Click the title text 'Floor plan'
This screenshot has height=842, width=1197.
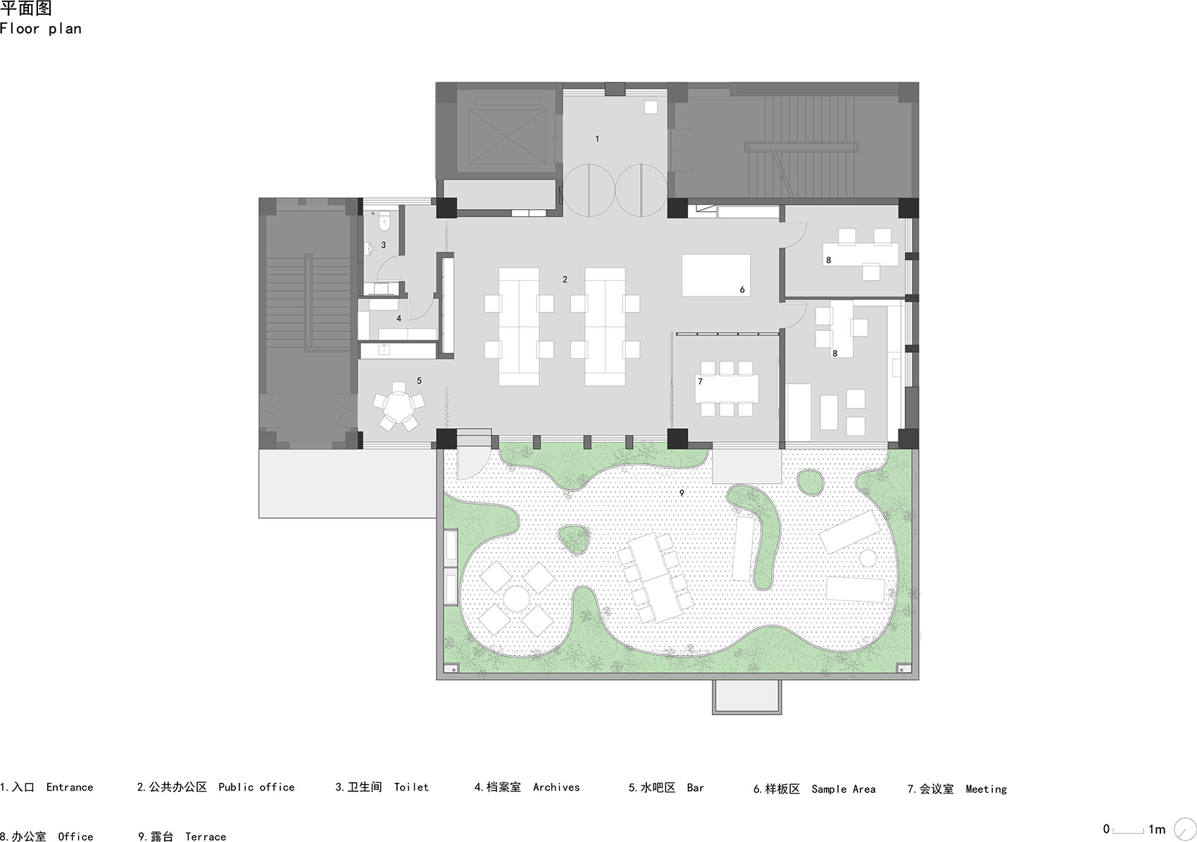[41, 29]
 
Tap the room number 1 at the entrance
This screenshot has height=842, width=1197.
[597, 139]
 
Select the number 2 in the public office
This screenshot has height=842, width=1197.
[565, 279]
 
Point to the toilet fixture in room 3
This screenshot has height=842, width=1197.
[384, 220]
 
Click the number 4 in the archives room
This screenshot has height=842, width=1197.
[399, 318]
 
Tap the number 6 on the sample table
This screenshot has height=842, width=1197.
[742, 289]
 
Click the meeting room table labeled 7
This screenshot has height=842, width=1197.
[727, 389]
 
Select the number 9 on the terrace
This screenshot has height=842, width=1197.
[682, 493]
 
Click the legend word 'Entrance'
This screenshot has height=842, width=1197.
[70, 787]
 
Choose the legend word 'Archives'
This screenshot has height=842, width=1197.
[556, 787]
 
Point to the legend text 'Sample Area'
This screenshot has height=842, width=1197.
[844, 789]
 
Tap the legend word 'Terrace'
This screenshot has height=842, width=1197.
[206, 836]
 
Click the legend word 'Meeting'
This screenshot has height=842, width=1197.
[986, 789]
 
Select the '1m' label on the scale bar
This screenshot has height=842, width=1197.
[1157, 829]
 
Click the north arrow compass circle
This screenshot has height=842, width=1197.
[1185, 830]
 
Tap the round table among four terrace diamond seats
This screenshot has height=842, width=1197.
[516, 599]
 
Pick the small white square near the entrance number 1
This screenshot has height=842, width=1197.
[651, 107]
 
